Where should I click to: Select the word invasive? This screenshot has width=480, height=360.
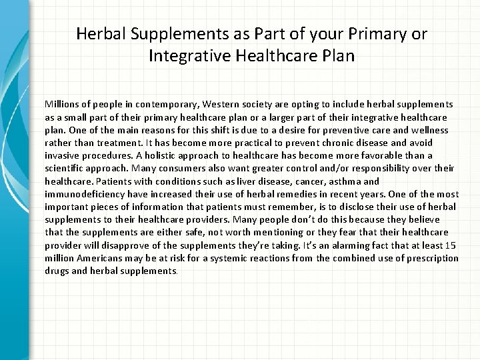63,155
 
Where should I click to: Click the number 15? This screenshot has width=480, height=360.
453,244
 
